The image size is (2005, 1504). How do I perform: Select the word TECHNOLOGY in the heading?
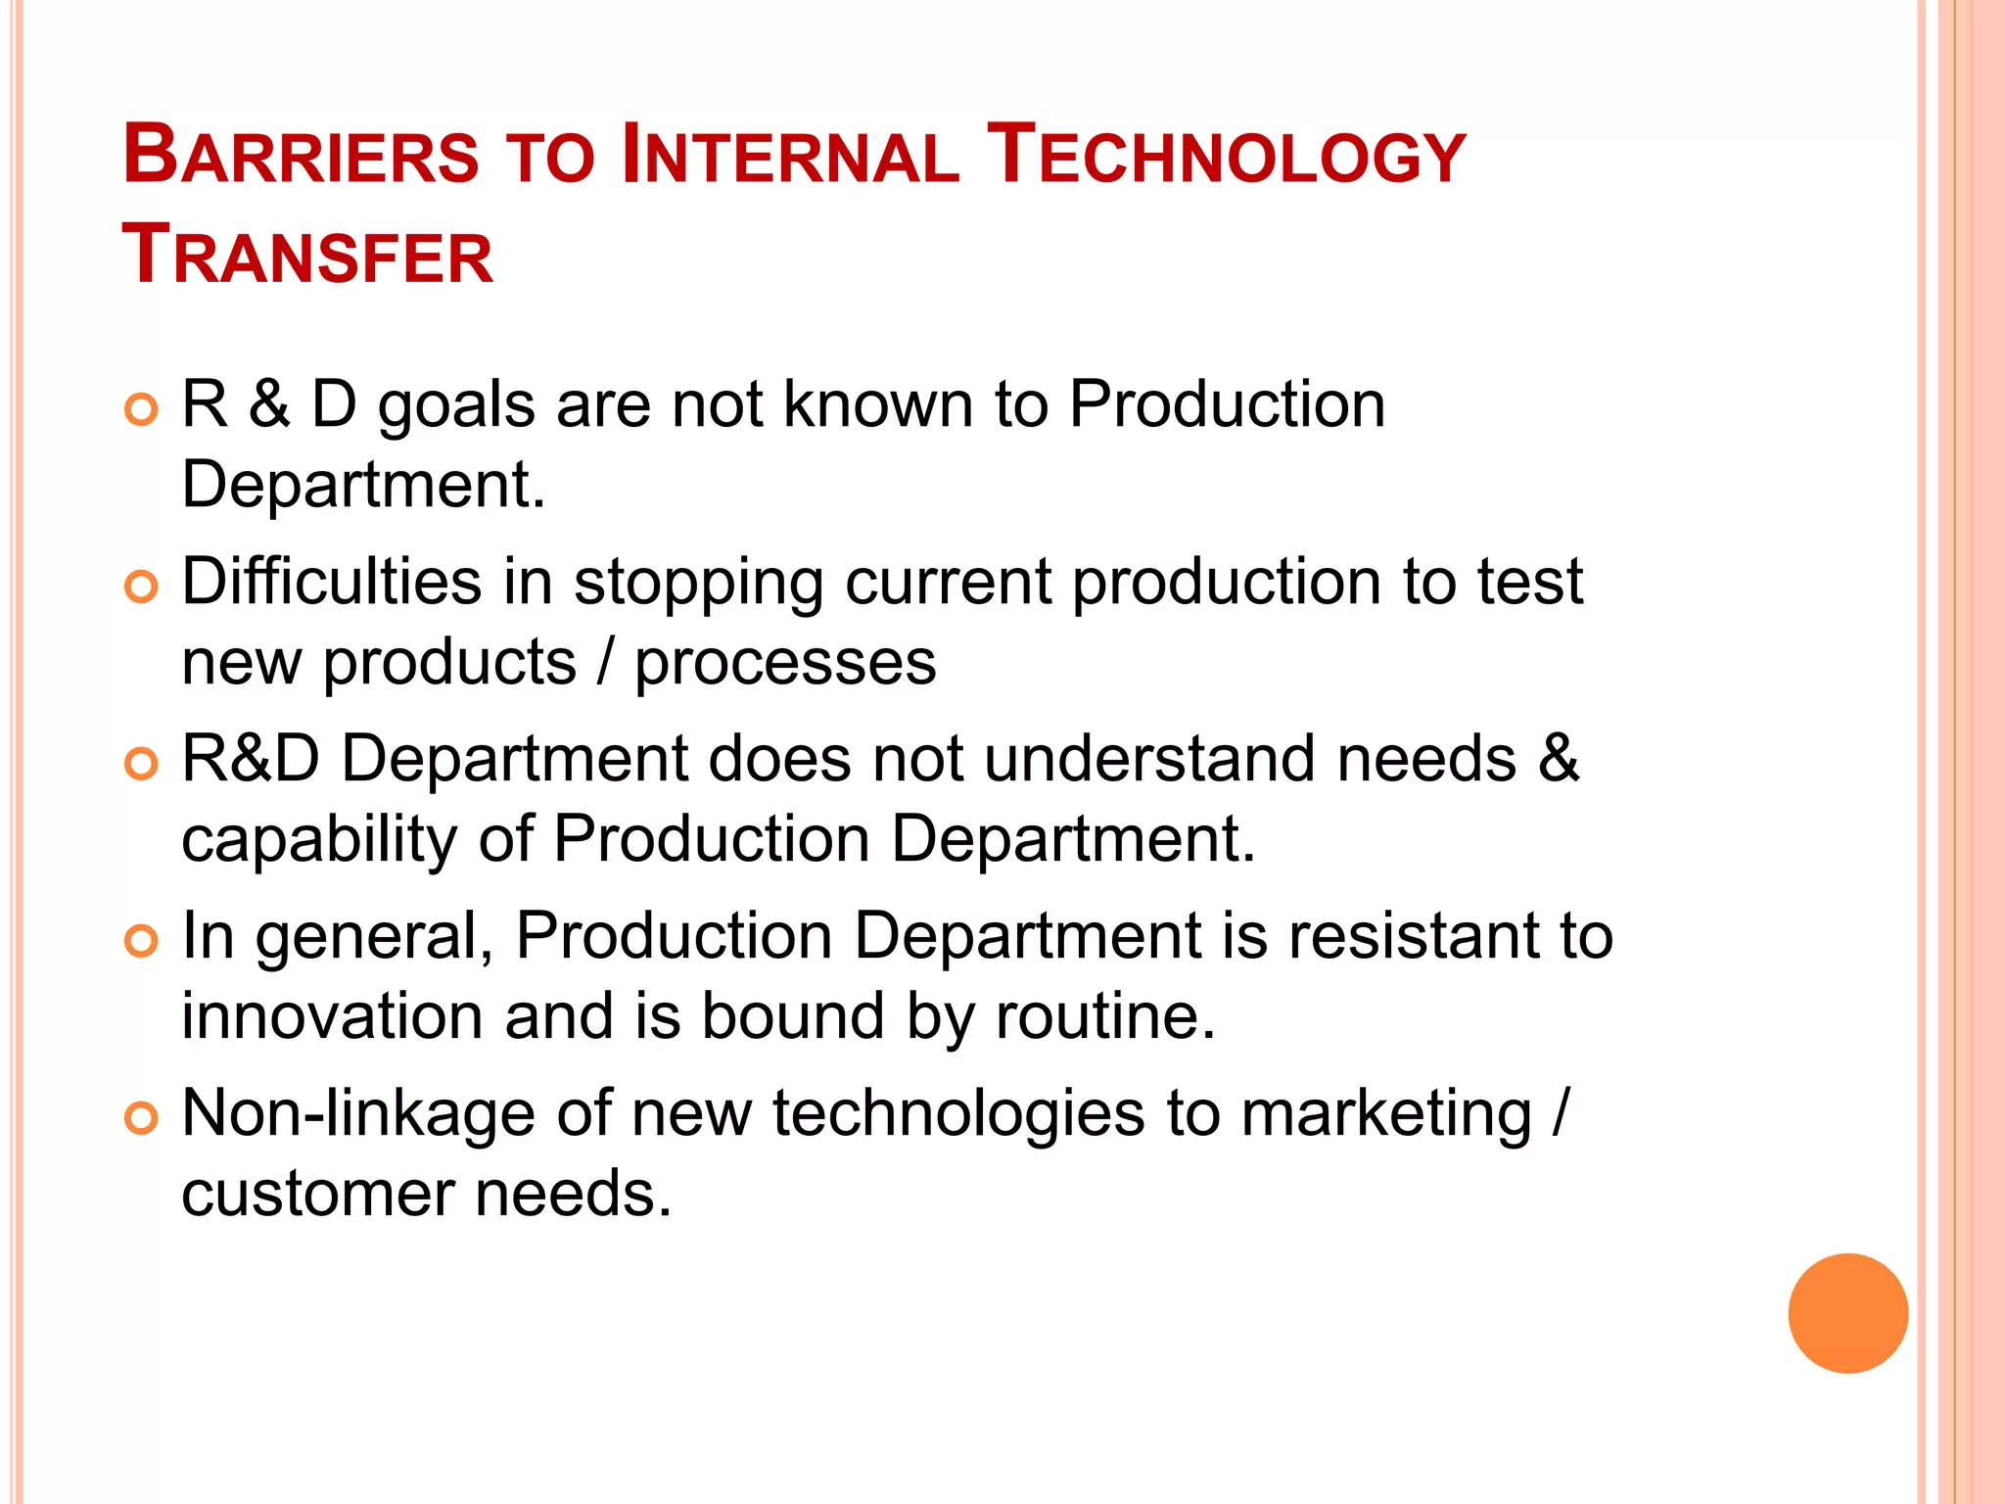point(1226,157)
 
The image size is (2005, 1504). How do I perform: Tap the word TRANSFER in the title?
point(307,257)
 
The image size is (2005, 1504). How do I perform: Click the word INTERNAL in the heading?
point(790,157)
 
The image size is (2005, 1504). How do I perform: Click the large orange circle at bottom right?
point(1847,1313)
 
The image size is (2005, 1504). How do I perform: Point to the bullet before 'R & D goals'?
point(142,409)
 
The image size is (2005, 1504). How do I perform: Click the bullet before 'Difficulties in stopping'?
point(142,587)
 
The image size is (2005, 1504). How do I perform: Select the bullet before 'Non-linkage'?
point(142,1117)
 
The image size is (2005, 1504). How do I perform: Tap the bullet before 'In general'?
point(142,941)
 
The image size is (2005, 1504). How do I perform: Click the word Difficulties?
point(331,582)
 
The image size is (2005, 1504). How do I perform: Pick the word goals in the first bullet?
point(456,406)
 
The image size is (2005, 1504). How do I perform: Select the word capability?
point(318,840)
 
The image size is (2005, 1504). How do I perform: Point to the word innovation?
point(332,1015)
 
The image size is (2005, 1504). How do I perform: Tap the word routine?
point(1104,1015)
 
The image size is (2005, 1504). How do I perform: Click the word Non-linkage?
point(357,1113)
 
